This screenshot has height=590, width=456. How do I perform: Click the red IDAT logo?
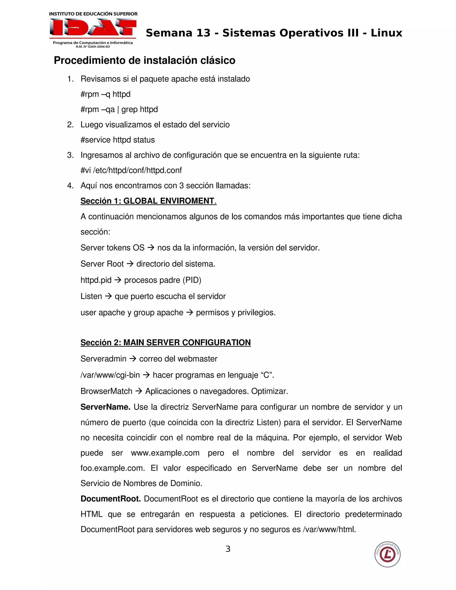93,27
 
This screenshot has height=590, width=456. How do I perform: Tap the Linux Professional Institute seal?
387,554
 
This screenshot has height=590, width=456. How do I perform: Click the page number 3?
228,549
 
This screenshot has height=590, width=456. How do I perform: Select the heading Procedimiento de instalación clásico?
145,60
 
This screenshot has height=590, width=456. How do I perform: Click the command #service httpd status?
118,140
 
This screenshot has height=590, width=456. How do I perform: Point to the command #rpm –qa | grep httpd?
119,109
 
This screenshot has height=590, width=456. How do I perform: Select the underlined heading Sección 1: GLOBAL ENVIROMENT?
148,201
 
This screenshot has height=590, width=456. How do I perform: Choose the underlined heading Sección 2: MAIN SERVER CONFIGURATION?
165,343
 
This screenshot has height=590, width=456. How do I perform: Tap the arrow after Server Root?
130,264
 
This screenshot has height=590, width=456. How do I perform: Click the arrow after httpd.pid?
118,280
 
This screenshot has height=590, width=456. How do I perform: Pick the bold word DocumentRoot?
110,499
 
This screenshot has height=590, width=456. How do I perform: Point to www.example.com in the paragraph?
165,453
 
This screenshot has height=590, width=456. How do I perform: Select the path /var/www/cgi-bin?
110,375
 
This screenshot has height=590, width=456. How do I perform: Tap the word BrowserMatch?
106,391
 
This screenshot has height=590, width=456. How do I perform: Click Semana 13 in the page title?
178,33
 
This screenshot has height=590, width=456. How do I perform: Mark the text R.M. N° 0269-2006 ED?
93,47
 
